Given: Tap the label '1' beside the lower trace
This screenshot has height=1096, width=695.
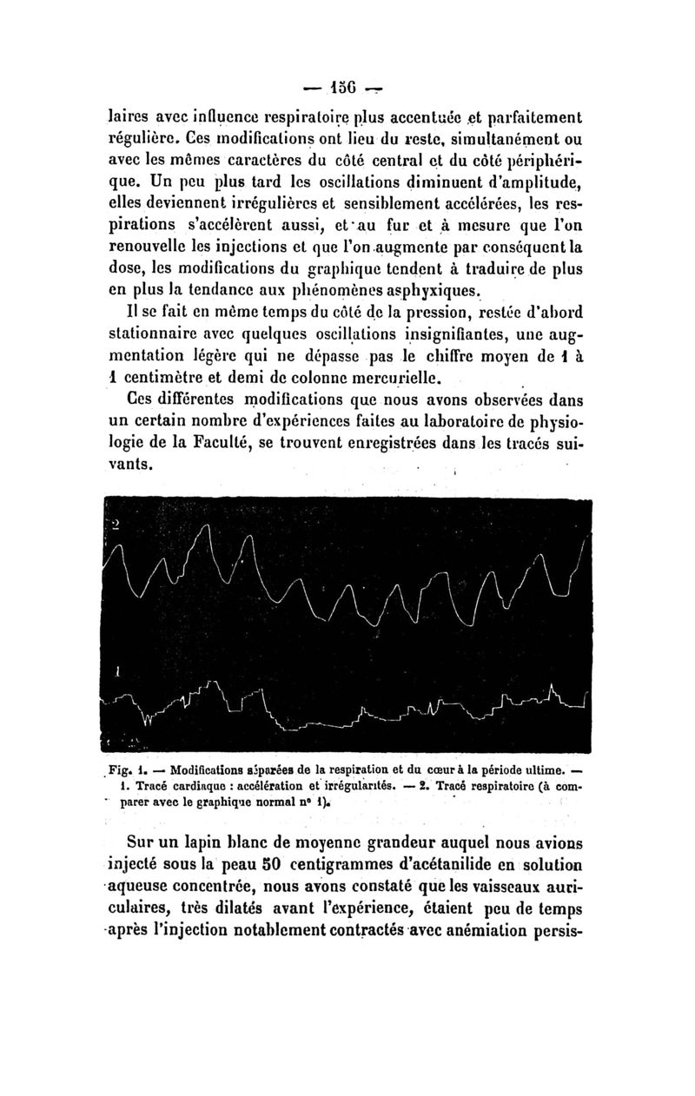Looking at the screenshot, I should pyautogui.click(x=116, y=671).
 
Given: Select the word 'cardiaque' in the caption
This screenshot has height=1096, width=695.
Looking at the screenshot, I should pyautogui.click(x=201, y=787).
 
